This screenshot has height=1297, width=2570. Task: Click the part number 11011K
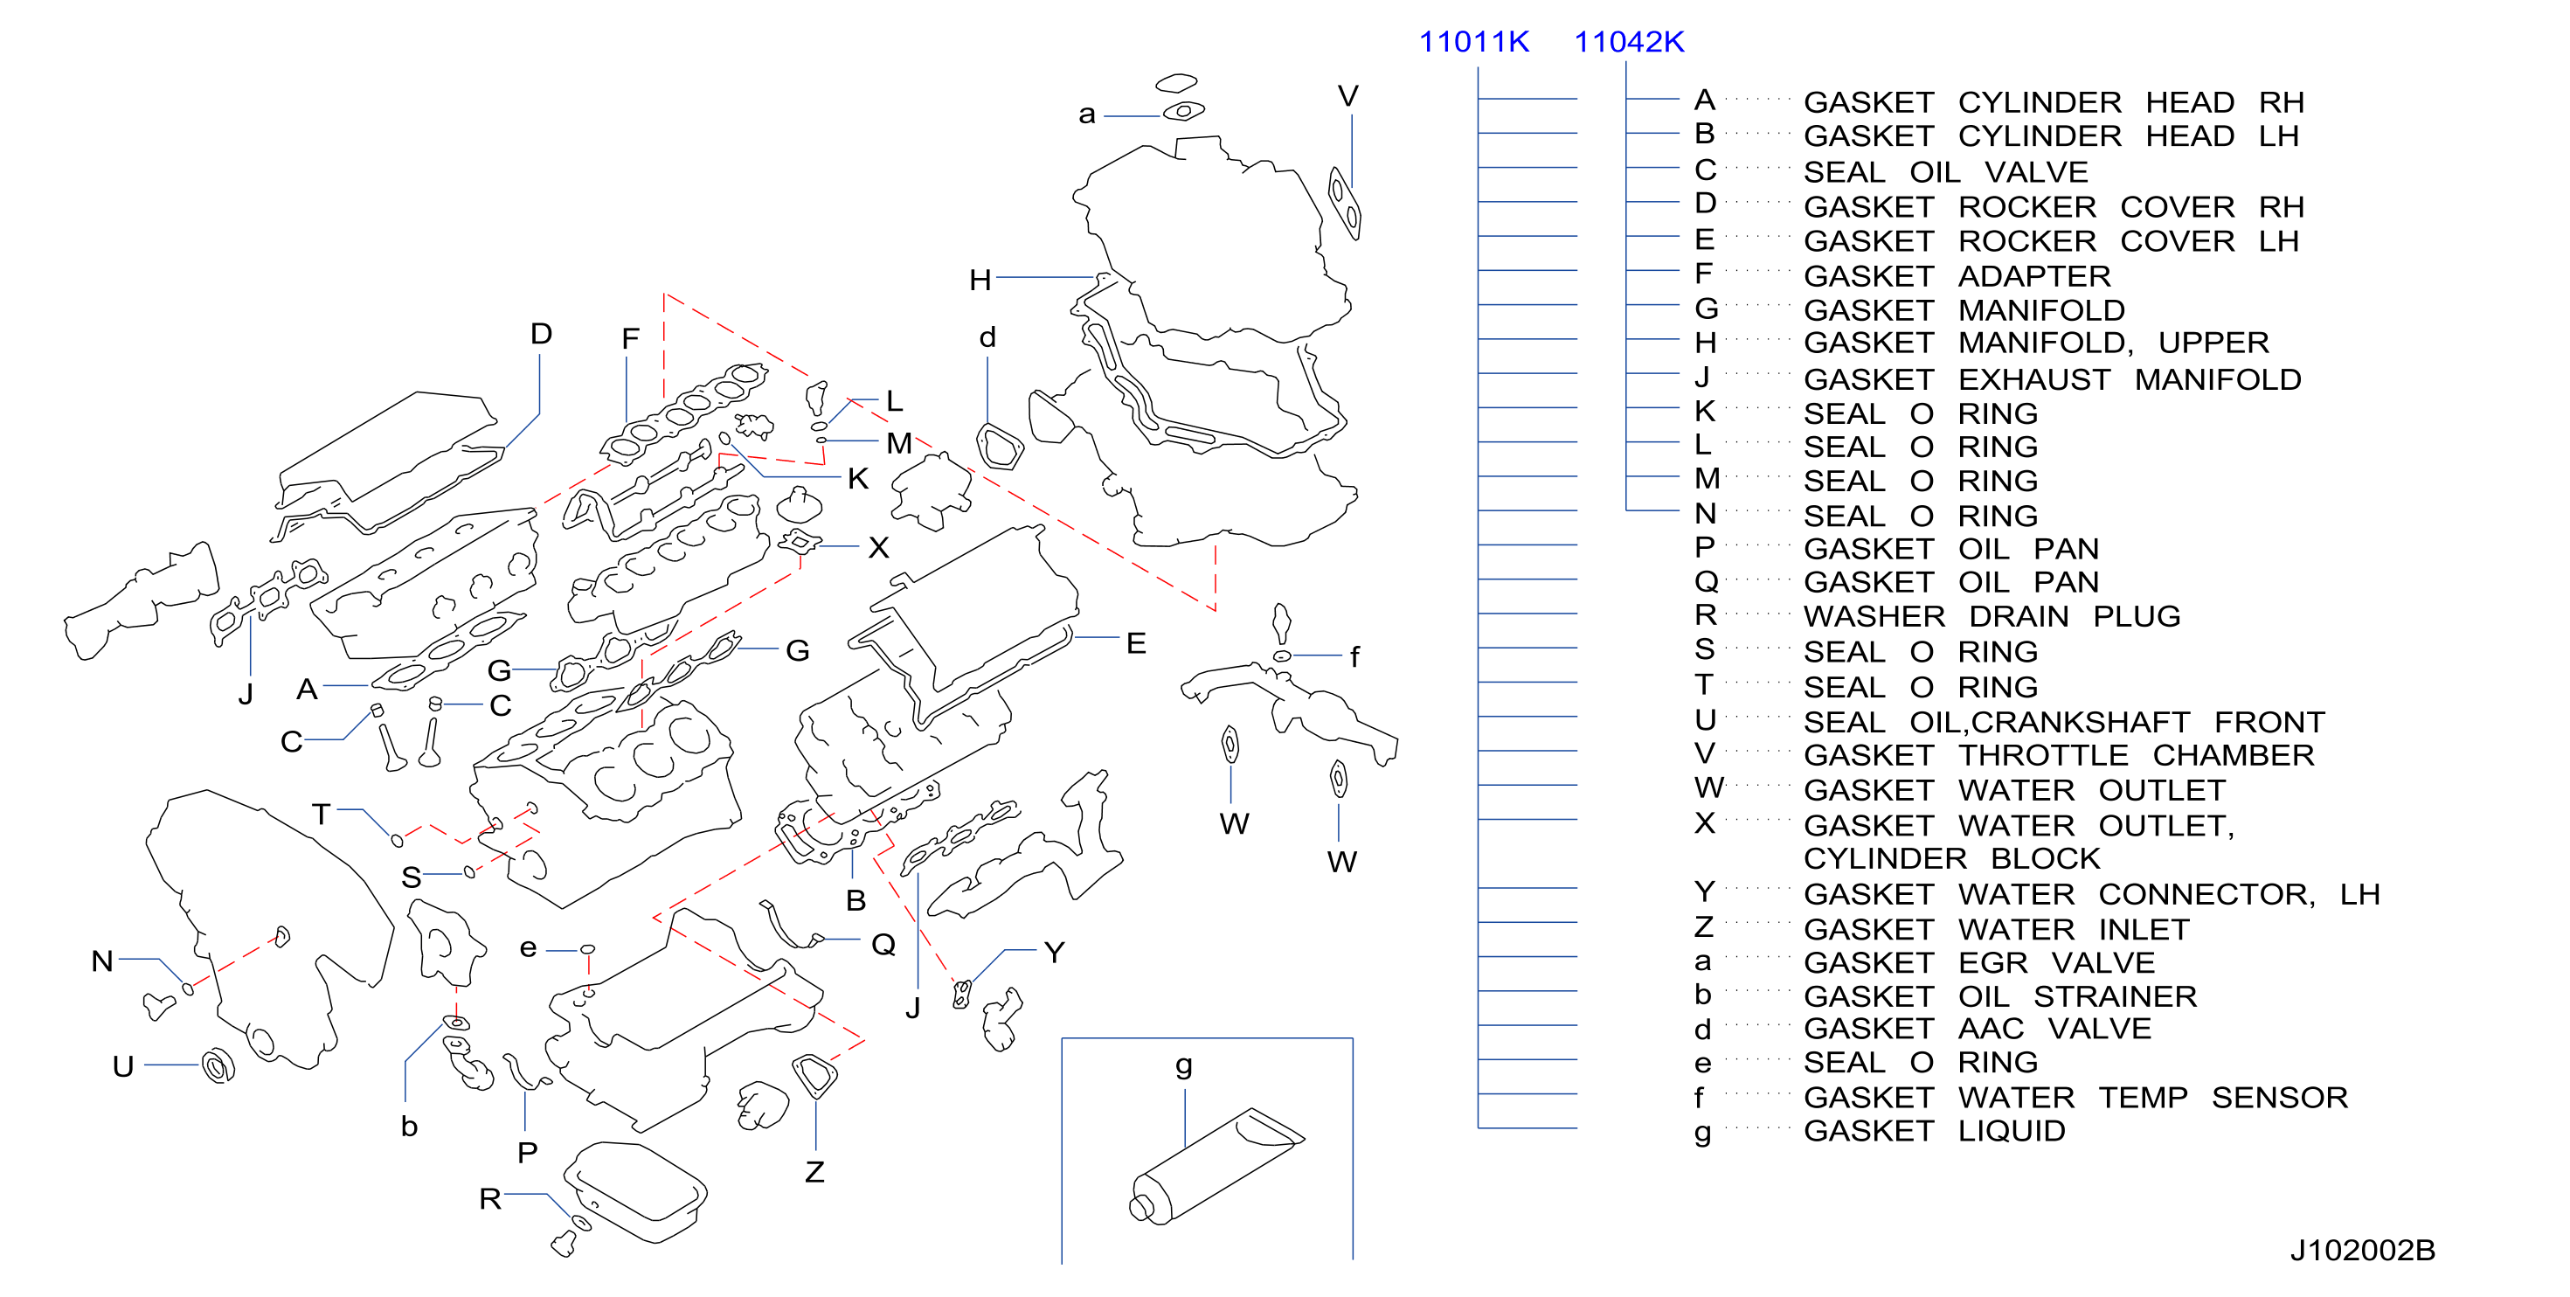pyautogui.click(x=1473, y=42)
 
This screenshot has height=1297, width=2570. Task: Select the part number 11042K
pyautogui.click(x=1629, y=42)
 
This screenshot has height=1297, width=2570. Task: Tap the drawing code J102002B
pyautogui.click(x=2363, y=1250)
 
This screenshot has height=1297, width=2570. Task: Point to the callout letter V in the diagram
pyautogui.click(x=1347, y=97)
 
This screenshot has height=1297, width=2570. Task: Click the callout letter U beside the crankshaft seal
pyautogui.click(x=122, y=1066)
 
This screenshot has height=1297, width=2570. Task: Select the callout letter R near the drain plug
pyautogui.click(x=490, y=1198)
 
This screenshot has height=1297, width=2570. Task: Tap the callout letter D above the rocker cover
pyautogui.click(x=541, y=333)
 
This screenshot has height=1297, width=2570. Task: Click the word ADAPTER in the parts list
pyautogui.click(x=2034, y=275)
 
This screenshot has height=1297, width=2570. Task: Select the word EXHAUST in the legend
pyautogui.click(x=2034, y=379)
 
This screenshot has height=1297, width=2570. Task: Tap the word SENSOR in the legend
pyautogui.click(x=2280, y=1098)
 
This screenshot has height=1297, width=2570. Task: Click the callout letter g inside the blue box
pyautogui.click(x=1184, y=1066)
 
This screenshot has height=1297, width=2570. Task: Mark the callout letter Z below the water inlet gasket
pyautogui.click(x=815, y=1171)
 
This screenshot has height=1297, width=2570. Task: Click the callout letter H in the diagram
pyautogui.click(x=980, y=280)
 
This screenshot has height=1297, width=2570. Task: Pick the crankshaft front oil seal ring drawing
pyautogui.click(x=218, y=1065)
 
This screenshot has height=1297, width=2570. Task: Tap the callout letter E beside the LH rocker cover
pyautogui.click(x=1135, y=643)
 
